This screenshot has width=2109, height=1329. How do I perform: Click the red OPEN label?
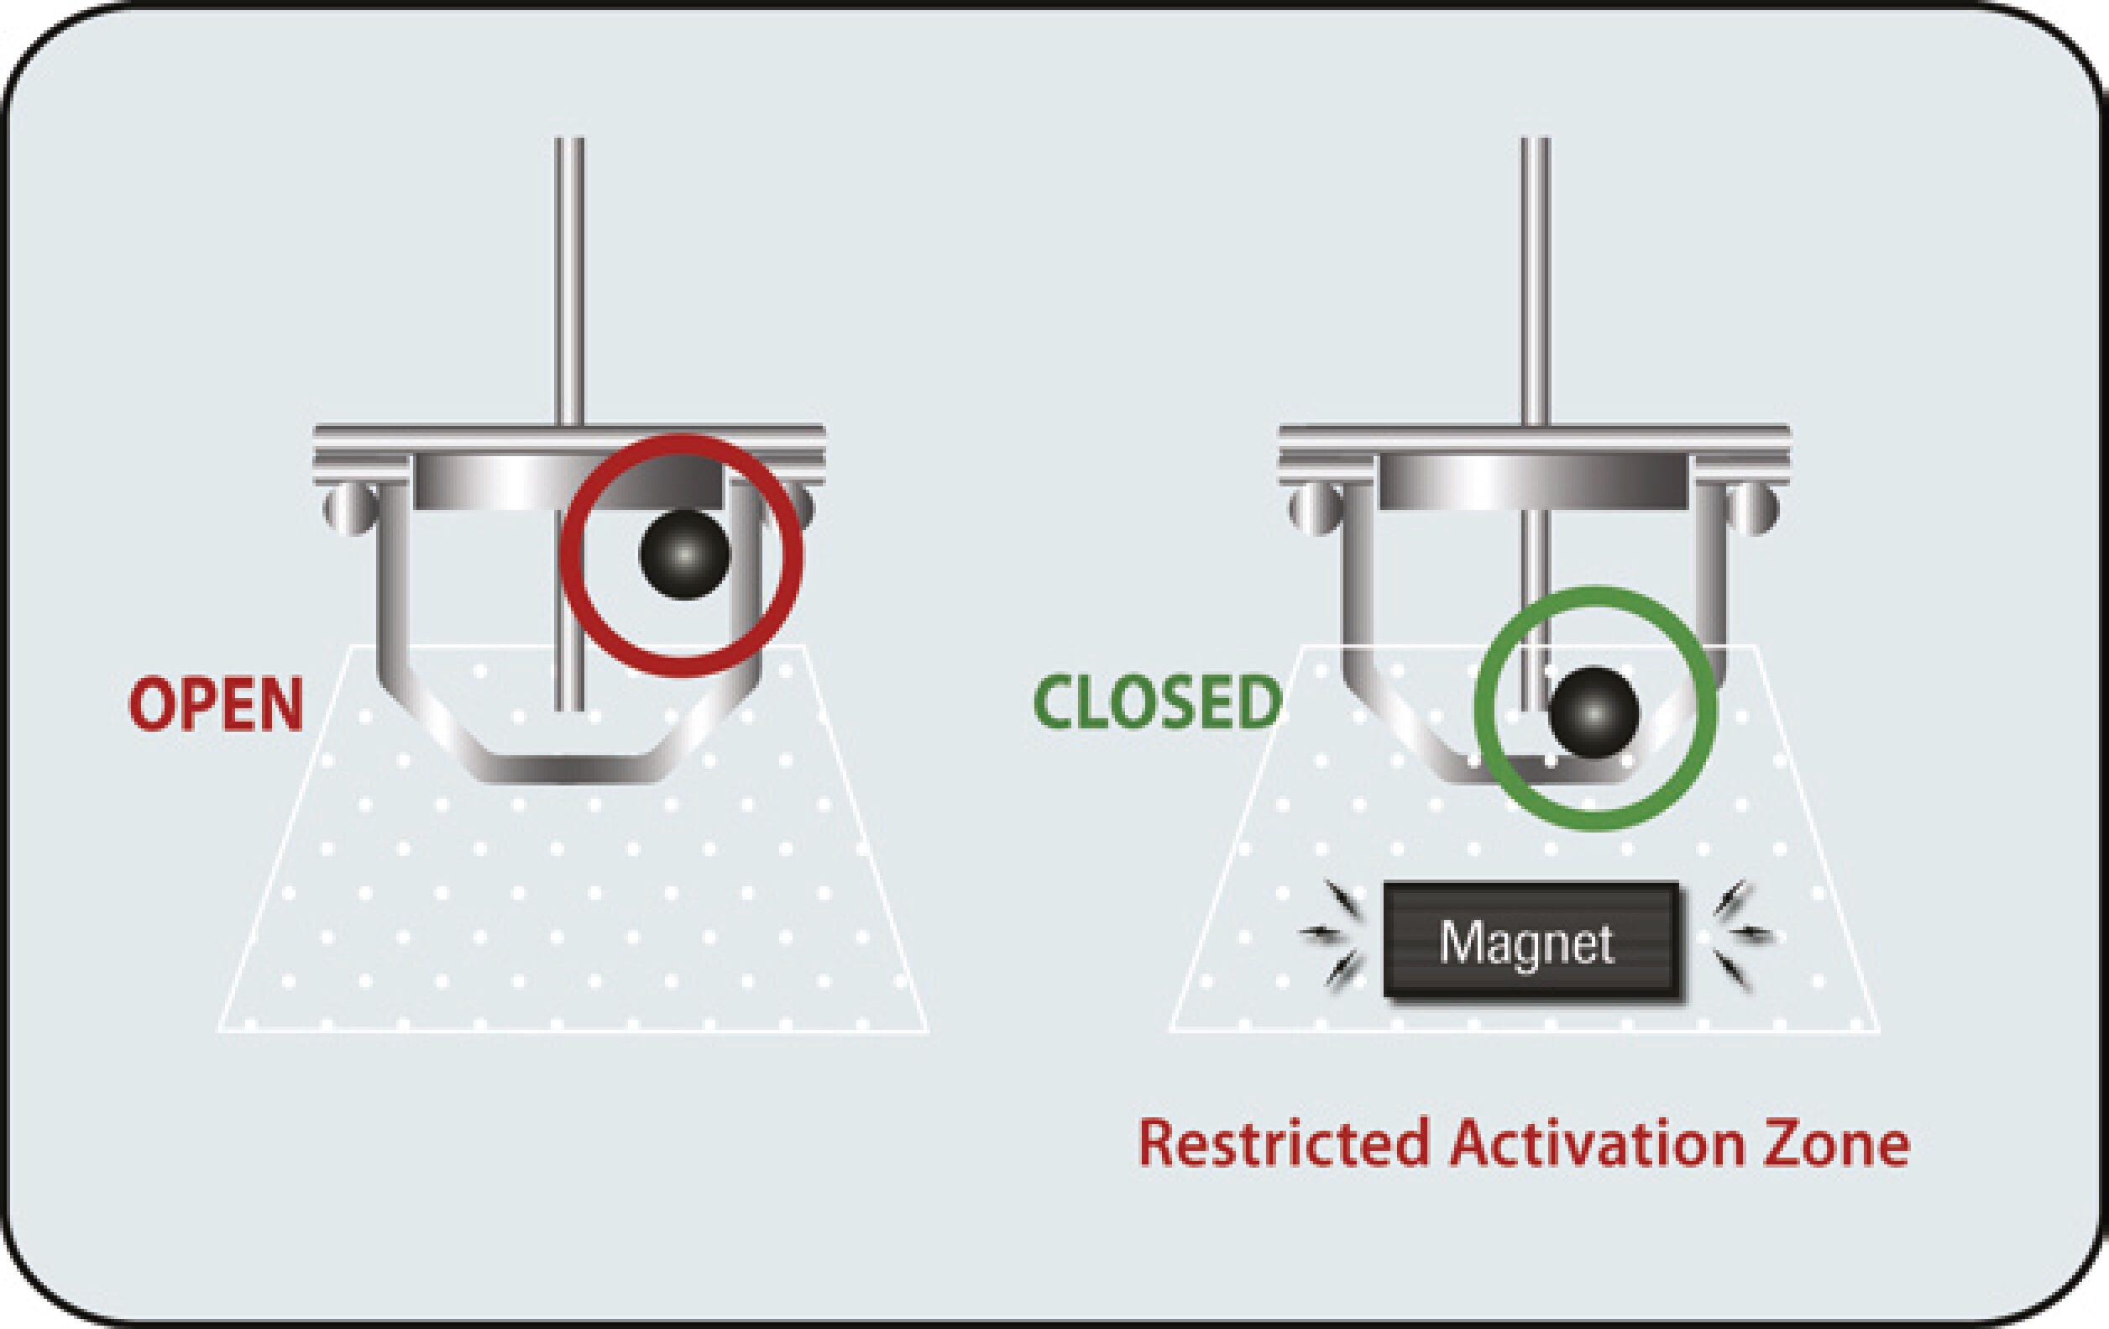tap(217, 703)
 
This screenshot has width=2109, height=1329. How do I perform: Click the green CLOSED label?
tap(1158, 702)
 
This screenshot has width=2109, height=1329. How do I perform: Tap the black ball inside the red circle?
tap(685, 554)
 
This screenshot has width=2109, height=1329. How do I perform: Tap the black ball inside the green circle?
tap(1594, 712)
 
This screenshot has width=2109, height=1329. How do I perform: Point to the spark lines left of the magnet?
tap(1332, 934)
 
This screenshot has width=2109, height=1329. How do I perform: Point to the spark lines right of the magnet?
tap(1741, 936)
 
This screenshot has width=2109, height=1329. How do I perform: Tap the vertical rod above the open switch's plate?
tap(569, 281)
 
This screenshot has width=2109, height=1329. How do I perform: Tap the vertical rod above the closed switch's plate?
tap(1535, 281)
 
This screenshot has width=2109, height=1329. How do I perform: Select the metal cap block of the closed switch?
tap(1534, 481)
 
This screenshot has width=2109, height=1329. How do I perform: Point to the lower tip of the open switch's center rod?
tap(569, 710)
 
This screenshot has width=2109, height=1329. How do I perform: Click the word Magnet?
tap(1526, 943)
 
